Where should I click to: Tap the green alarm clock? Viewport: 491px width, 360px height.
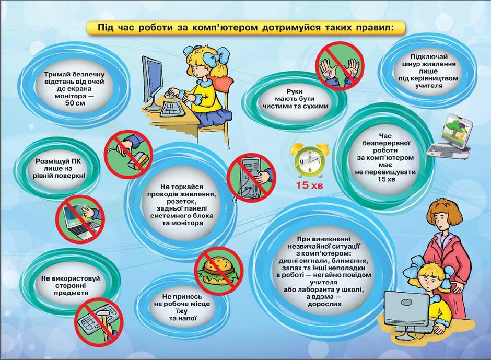pos(310,160)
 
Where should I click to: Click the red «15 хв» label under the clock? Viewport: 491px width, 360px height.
pos(309,185)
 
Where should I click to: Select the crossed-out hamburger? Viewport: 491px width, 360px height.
pos(219,270)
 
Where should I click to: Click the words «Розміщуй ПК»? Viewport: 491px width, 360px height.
pos(58,161)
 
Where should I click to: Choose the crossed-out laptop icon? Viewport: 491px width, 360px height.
pos(80,219)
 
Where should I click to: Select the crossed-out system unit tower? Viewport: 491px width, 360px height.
pos(251,178)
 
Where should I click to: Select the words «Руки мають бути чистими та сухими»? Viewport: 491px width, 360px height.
pos(295,99)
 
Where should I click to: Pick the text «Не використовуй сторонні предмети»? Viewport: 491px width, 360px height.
pos(71,285)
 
